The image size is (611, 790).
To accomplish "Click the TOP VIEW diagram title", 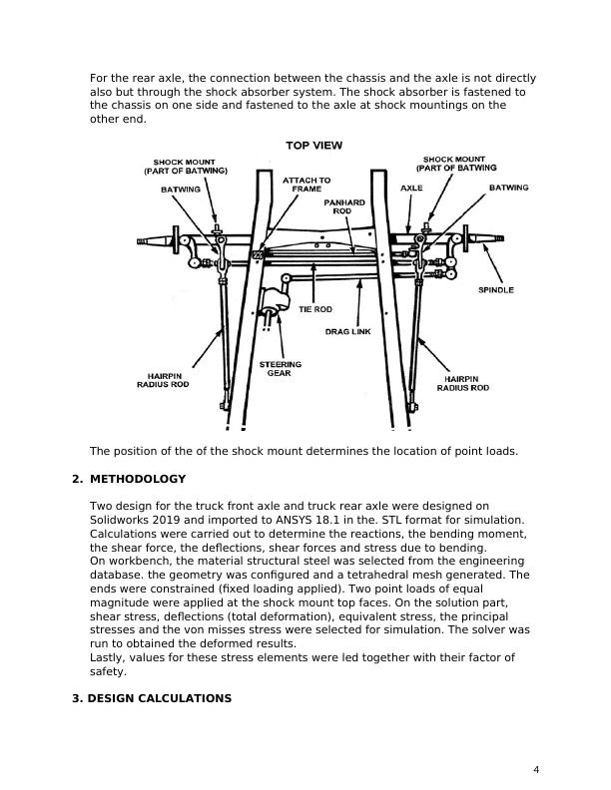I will pos(314,146).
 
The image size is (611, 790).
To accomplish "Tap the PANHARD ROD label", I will pos(341,206).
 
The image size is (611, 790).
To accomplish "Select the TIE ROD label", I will pos(314,309).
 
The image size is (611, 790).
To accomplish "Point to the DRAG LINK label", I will pos(347,331).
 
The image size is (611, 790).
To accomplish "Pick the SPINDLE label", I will pos(496,289).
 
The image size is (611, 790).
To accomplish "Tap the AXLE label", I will pos(411,188).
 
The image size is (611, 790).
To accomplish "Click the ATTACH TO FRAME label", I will pos(300,185).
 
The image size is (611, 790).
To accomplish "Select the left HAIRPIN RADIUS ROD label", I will pos(164,382).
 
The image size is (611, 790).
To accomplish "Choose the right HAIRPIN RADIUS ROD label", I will pos(466,382).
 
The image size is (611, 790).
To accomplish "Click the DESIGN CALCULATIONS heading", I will pos(152,698).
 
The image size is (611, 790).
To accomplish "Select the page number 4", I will pos(536,769).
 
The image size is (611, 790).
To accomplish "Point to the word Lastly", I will pos(107,658).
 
